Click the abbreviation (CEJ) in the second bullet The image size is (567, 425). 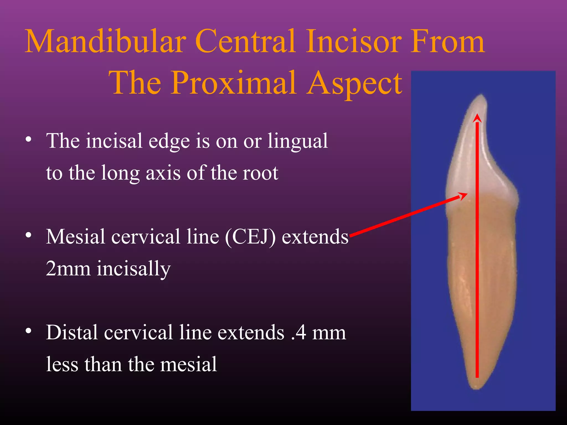(x=250, y=237)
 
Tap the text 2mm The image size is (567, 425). (x=68, y=268)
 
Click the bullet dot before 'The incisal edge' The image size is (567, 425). (x=28, y=139)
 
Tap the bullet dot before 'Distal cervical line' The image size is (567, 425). (x=28, y=331)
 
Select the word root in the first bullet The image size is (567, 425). (x=260, y=173)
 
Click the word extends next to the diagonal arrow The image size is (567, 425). (x=315, y=237)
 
